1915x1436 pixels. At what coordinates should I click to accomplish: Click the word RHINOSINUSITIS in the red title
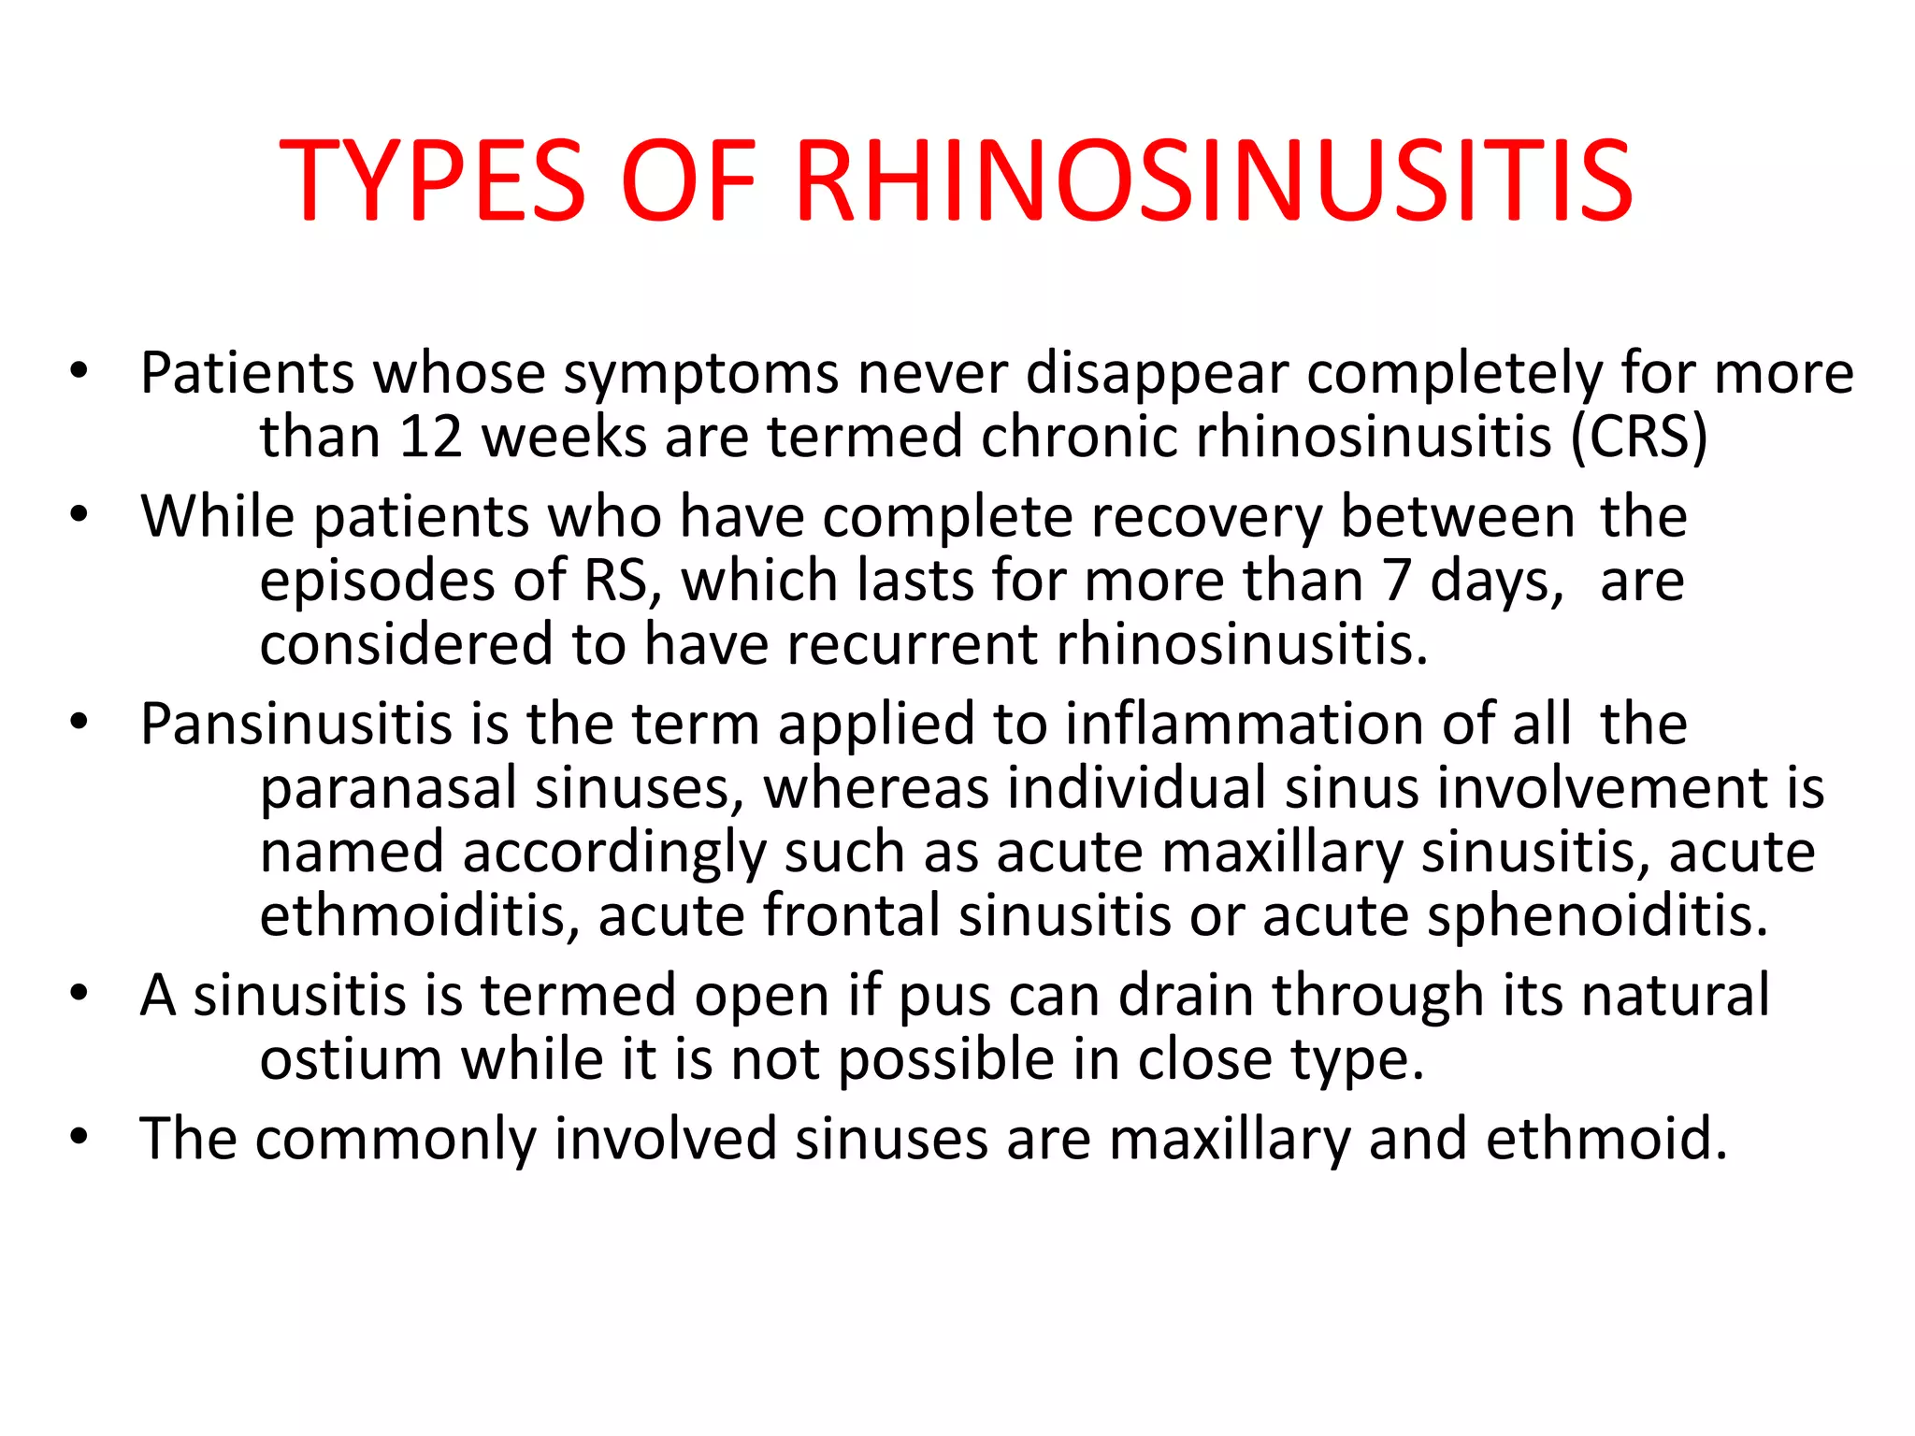click(1213, 180)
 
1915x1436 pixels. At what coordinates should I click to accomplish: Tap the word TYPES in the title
click(432, 180)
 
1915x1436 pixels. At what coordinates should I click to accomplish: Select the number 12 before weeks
click(430, 437)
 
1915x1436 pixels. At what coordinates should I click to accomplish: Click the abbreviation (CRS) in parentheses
click(1638, 437)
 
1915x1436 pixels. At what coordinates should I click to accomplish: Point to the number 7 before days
click(1395, 581)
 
